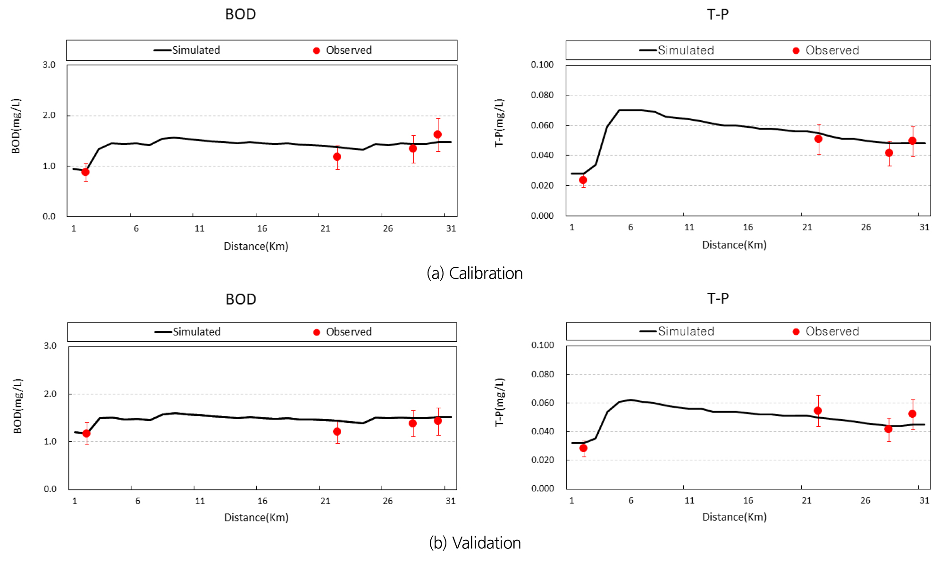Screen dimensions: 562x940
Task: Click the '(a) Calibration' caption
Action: [474, 273]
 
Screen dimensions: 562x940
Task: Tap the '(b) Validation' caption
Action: [475, 543]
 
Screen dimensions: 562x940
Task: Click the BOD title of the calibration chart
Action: [240, 14]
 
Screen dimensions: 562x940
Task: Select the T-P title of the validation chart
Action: [717, 298]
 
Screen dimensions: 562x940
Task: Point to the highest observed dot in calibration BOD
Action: [437, 134]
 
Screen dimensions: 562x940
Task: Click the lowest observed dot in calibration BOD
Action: [85, 172]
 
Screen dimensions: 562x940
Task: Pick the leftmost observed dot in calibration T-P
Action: [583, 180]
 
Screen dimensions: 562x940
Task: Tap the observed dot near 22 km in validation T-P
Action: [818, 411]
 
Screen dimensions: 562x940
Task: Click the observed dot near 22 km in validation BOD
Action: [337, 431]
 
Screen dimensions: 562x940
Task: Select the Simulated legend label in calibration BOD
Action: [196, 50]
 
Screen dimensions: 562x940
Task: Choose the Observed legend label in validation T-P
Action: [832, 331]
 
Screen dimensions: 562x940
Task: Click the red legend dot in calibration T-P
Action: [796, 50]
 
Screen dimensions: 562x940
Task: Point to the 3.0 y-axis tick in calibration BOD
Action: [49, 65]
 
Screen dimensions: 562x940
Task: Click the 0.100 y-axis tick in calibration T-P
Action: [542, 65]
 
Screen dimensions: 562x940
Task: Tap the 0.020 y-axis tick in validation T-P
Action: [542, 460]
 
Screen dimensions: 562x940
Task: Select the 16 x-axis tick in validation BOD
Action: [262, 501]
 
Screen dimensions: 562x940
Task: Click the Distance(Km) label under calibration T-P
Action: [734, 245]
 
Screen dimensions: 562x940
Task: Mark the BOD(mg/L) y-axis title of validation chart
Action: [17, 406]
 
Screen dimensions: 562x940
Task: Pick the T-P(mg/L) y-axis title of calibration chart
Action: [499, 123]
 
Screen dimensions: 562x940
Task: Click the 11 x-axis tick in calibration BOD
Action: [199, 229]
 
